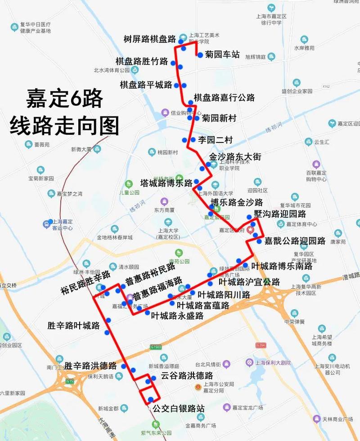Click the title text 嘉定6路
[64, 98]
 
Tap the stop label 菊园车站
[222, 55]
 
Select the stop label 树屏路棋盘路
[149, 39]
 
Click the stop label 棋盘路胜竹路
[142, 61]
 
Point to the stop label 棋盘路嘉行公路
[224, 98]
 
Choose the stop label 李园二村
[215, 140]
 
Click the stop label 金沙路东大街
[235, 157]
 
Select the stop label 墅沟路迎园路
[279, 214]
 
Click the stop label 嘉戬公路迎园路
[295, 241]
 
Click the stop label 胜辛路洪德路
[90, 365]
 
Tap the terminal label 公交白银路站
[179, 409]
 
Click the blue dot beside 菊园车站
[200, 55]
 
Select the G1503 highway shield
[156, 347]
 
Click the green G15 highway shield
[69, 381]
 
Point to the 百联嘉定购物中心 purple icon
[316, 164]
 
